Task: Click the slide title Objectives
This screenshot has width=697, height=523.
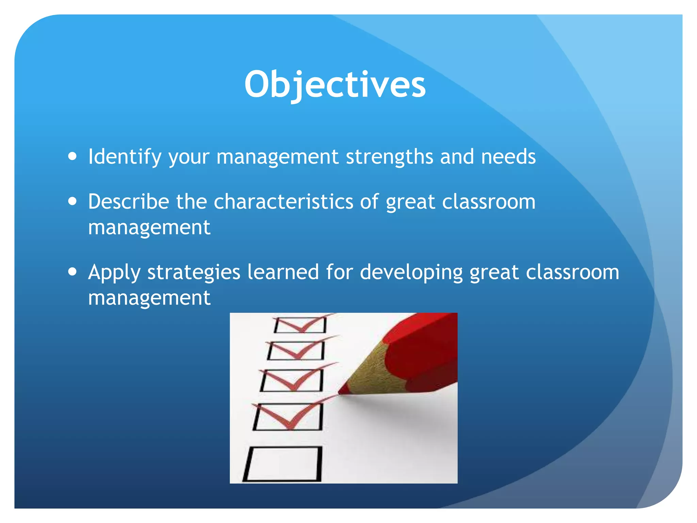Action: coord(335,84)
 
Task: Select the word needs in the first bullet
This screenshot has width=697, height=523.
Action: coord(508,157)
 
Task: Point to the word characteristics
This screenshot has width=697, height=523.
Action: coord(283,202)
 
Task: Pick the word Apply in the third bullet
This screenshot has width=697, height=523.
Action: coord(114,273)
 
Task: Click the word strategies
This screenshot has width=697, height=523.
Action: coord(194,273)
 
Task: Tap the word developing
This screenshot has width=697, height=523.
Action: coord(411,273)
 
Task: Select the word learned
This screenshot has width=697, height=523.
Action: coord(283,272)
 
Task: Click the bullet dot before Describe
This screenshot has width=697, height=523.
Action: coord(72,201)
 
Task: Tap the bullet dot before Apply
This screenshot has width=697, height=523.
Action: coord(72,272)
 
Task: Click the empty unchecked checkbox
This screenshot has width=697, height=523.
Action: coord(283,464)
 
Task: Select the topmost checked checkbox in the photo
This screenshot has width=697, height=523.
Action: coord(300,325)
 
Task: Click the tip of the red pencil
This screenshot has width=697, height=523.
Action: coord(340,393)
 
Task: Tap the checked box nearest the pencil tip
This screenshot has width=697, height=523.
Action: coord(288,416)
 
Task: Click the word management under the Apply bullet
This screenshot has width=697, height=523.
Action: coord(149,298)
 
